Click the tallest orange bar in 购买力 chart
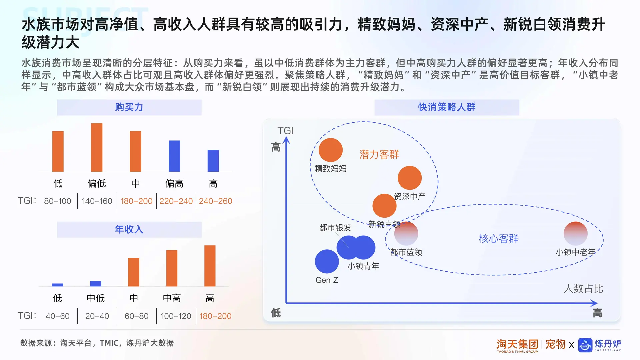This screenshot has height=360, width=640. [97, 147]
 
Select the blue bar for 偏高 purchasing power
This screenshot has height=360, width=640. [174, 156]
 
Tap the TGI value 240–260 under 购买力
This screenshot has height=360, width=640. [215, 201]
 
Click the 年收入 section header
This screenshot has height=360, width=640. [129, 229]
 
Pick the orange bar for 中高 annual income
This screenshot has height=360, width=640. [172, 268]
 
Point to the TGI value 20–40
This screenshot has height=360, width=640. [97, 316]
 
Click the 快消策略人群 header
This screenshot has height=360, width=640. [447, 107]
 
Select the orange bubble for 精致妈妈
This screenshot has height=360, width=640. [330, 150]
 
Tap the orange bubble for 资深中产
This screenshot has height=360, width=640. [410, 178]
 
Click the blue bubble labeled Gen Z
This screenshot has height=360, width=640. [327, 261]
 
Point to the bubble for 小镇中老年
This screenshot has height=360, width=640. [575, 233]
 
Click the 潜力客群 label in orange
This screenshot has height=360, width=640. [379, 154]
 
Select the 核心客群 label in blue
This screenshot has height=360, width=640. [498, 238]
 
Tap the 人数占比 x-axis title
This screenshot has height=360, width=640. [583, 288]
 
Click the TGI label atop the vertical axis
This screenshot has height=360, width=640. [285, 130]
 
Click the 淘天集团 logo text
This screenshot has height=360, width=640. [517, 344]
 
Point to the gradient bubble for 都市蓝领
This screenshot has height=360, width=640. [406, 233]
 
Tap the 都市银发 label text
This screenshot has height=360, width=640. [335, 228]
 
